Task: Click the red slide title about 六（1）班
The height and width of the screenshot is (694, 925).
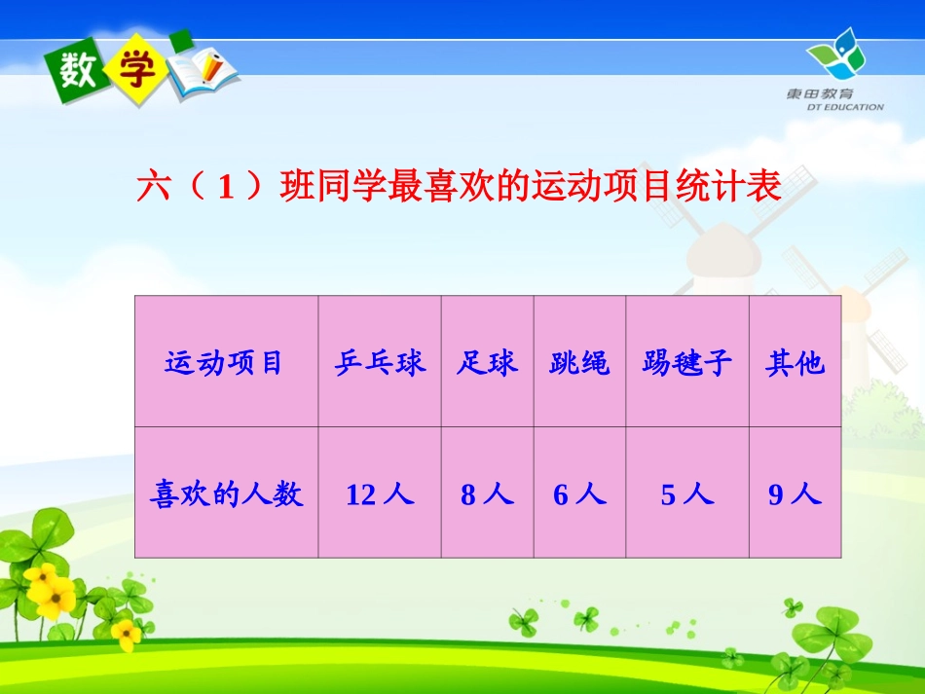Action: coord(459,186)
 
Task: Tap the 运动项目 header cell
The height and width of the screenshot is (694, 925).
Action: coord(225,363)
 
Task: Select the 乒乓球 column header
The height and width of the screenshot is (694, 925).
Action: coord(380,363)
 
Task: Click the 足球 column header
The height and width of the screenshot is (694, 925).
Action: coord(487,363)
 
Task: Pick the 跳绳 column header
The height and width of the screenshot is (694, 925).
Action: coord(579,363)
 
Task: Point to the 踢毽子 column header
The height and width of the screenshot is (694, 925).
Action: coord(686,363)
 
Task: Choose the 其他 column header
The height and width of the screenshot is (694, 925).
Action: coord(795,363)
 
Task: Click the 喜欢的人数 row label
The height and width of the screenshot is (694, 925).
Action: coord(226,494)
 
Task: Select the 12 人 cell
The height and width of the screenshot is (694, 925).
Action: coord(380,494)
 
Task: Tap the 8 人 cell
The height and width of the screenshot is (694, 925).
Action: coord(487,494)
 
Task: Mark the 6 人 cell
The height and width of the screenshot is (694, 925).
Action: coord(579,494)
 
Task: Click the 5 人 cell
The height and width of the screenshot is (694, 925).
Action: coord(686,494)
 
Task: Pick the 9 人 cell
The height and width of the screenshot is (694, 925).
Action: coord(795,494)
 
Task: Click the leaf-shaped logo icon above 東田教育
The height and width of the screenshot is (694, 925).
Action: coord(835,55)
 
